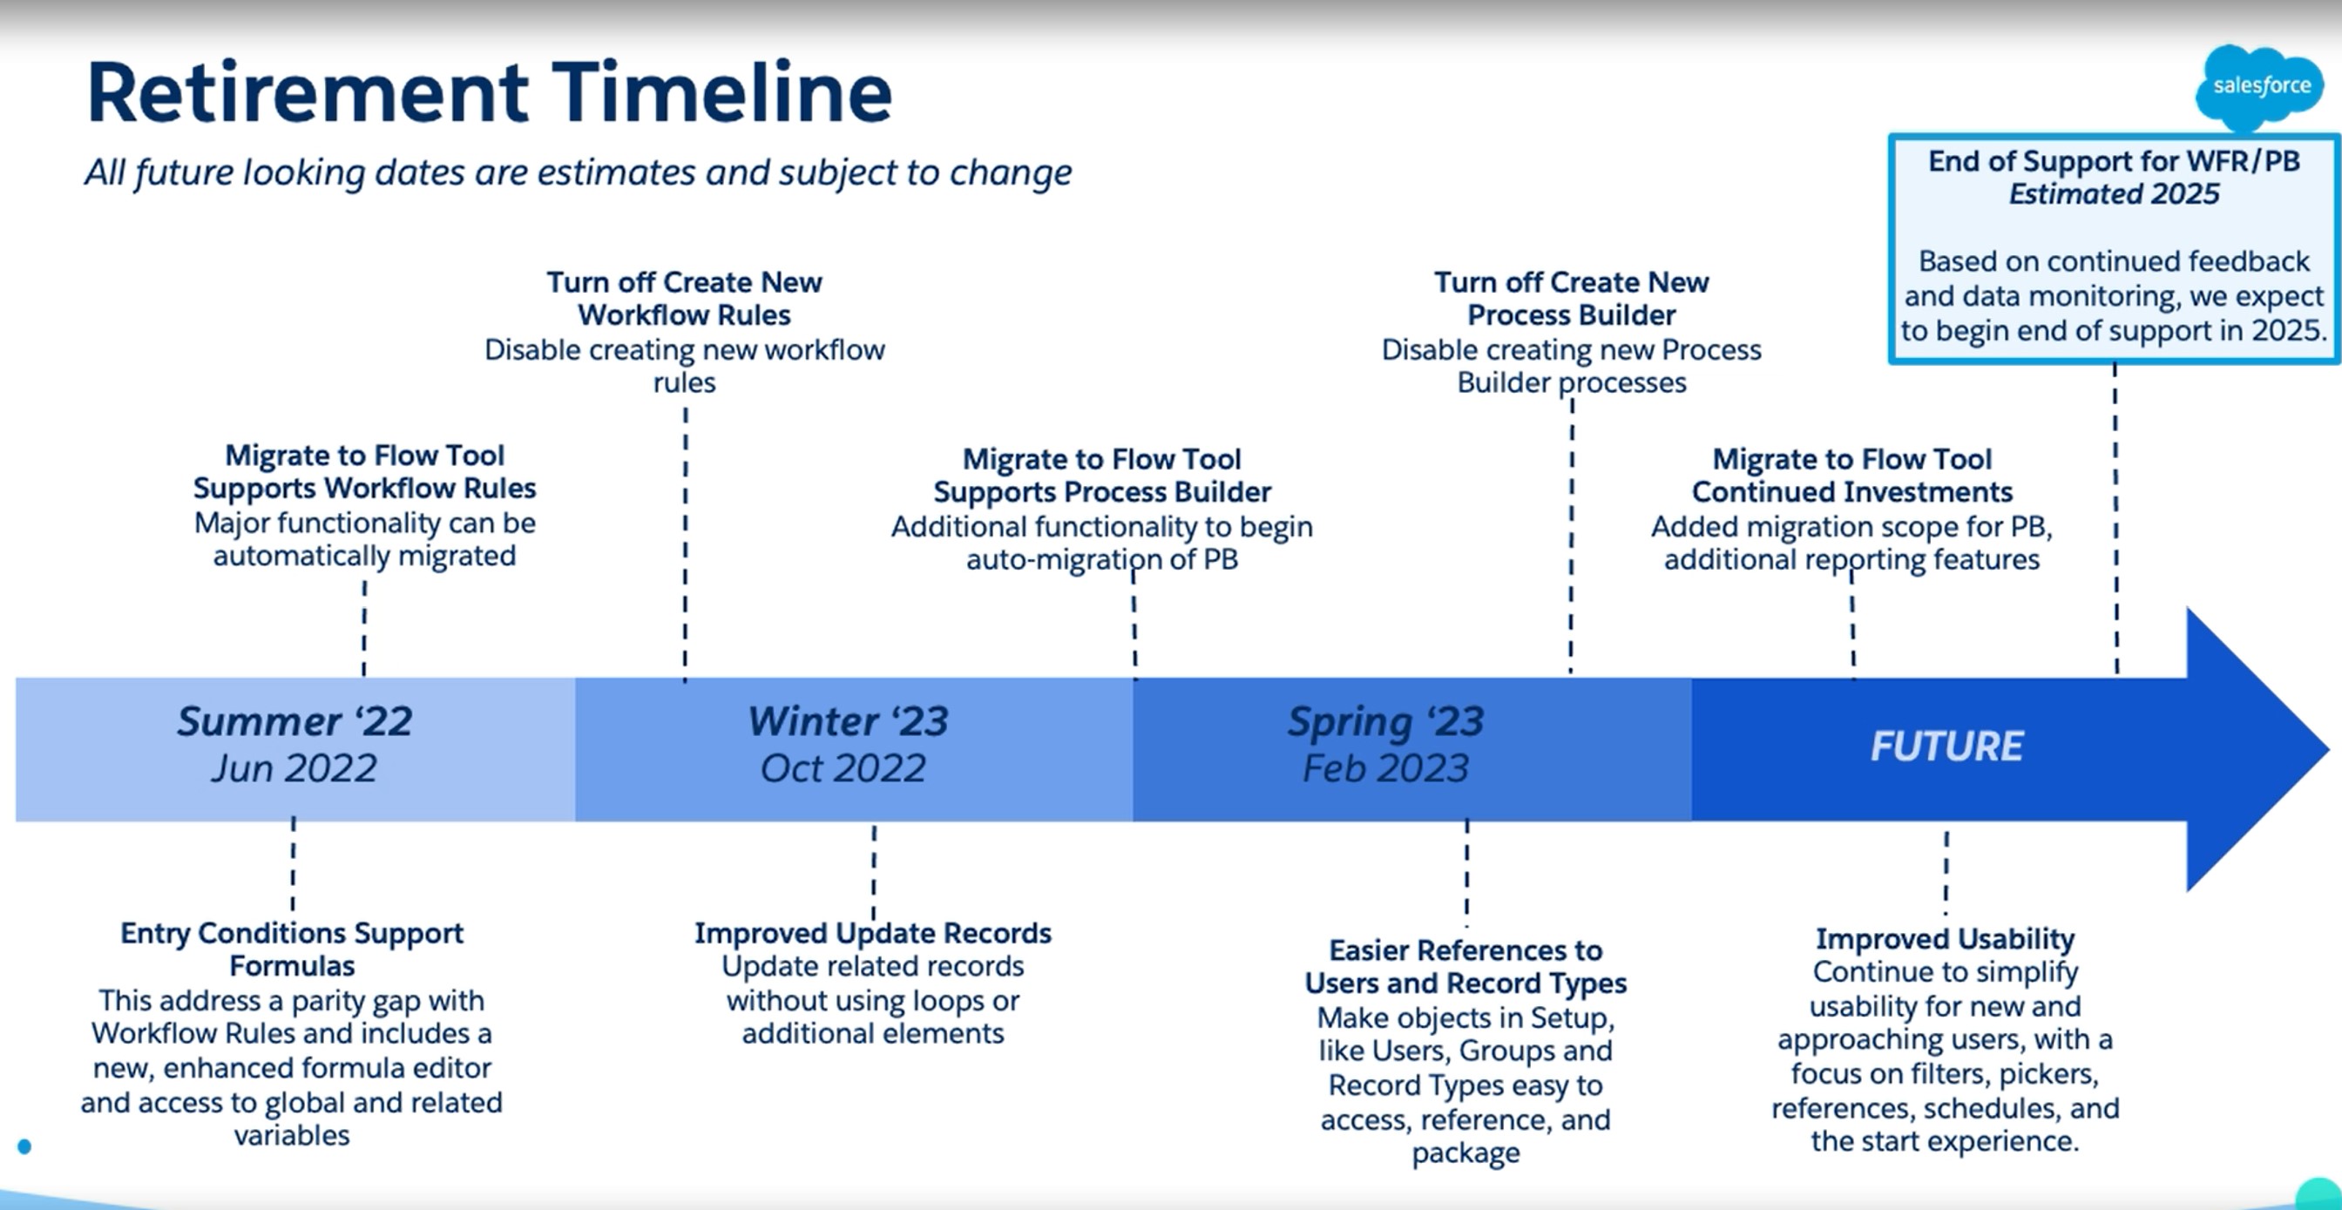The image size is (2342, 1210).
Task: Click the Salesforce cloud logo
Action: click(2260, 87)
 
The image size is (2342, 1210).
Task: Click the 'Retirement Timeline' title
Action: click(489, 92)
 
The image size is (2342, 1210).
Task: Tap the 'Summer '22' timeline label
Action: click(294, 722)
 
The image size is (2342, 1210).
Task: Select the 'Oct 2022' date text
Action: click(843, 769)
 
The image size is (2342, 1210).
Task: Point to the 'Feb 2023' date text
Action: click(1385, 769)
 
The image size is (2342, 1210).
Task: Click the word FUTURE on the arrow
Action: click(1946, 747)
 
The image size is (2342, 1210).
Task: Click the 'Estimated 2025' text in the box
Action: click(2114, 194)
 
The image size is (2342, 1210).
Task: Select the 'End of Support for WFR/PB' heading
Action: click(2114, 162)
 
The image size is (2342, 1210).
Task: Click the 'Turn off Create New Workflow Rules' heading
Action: click(685, 298)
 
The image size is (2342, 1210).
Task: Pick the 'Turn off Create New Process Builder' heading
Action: click(1571, 298)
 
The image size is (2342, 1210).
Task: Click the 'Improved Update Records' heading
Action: click(873, 934)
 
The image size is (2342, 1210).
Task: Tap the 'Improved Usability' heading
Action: click(1945, 938)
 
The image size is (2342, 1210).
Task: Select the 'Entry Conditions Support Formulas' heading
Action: click(292, 949)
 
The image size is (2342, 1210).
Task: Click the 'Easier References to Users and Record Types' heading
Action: click(1465, 966)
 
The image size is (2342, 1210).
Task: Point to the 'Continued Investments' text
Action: click(1852, 492)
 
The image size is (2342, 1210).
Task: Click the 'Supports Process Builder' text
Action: click(1102, 492)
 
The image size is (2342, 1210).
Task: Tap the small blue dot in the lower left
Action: click(24, 1147)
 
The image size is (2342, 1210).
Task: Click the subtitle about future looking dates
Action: click(579, 172)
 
